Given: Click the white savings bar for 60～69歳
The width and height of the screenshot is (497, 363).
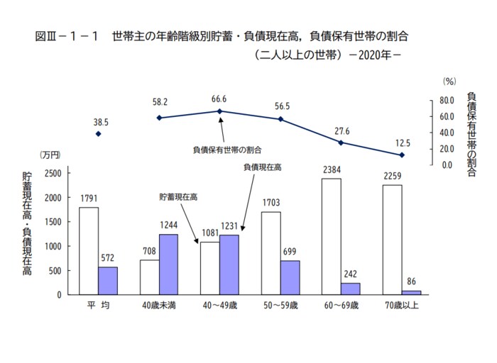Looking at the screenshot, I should [331, 236].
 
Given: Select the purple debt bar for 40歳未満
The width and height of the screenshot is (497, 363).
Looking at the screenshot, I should [168, 264].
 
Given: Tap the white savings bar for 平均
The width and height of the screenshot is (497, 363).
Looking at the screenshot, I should [88, 250].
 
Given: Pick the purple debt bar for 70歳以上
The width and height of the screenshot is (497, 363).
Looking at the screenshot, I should [411, 292].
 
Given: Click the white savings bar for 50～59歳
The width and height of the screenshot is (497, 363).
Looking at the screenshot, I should [271, 253].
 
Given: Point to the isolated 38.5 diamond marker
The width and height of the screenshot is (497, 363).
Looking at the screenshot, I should [99, 133].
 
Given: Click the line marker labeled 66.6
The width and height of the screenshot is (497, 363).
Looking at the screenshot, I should [220, 111].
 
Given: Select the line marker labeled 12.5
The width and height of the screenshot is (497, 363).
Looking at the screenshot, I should [403, 155].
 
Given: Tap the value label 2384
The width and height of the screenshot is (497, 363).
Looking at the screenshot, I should [331, 170].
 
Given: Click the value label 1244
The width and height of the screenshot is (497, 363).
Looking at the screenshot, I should [168, 226].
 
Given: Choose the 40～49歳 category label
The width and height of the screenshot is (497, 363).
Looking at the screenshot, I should [220, 305].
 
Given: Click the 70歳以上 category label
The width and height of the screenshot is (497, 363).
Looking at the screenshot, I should [402, 305].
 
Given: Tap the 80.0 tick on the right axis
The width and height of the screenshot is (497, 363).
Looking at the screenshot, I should [446, 101].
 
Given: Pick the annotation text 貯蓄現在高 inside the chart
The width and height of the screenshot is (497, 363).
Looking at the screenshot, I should [178, 196].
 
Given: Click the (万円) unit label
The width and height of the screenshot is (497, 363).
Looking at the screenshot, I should [50, 155].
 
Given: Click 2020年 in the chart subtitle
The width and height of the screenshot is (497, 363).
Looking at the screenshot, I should [376, 54].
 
